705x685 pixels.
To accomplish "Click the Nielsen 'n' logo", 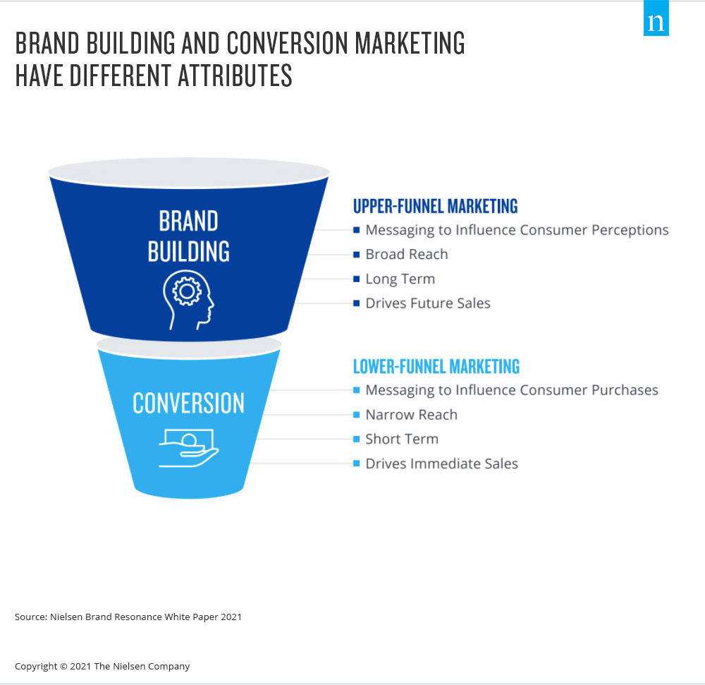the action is point(656,18).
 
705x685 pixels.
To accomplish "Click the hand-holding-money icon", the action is point(189,448).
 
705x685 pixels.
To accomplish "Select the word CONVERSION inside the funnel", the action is point(189,403).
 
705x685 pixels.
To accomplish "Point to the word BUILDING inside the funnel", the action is point(189,251).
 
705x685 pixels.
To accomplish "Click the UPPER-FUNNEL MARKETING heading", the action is point(435,207).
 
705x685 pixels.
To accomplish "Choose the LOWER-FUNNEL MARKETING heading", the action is point(436,367).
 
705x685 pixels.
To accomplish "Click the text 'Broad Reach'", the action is point(407,254).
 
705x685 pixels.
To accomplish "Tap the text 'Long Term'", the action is point(400,279).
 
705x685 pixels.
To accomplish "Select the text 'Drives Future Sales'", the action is point(428,303).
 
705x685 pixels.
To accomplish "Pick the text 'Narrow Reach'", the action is point(412,414).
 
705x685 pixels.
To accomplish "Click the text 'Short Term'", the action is point(402,439).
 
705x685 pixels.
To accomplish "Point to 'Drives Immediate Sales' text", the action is point(442,463).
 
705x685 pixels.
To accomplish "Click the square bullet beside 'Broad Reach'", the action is point(357,255).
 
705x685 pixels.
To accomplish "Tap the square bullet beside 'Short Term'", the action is point(357,439).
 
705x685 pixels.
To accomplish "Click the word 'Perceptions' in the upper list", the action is point(630,230).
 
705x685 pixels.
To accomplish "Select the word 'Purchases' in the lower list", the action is point(625,390).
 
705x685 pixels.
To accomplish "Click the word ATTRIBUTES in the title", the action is point(235,75).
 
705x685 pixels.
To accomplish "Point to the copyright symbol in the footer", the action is point(64,666).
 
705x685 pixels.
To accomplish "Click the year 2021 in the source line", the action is point(231,617).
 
